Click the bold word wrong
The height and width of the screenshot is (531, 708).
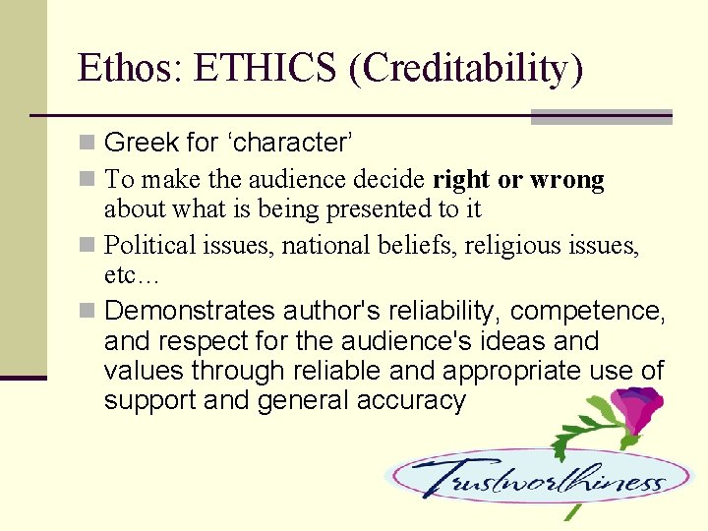tap(567, 179)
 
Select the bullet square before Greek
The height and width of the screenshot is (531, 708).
tap(88, 144)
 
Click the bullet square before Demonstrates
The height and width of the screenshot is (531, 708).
tap(88, 312)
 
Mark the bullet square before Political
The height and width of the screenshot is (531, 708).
tap(88, 245)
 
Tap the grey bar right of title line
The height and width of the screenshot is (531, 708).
tap(601, 117)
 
